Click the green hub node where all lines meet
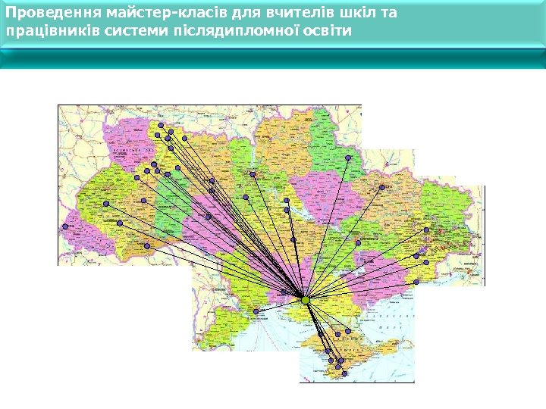[305, 300]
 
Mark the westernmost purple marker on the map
[65, 226]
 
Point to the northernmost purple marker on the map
[161, 125]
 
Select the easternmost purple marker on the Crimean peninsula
[348, 331]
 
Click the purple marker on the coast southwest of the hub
[256, 311]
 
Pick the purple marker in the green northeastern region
[348, 158]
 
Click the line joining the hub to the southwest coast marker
[281, 306]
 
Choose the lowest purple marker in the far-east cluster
[416, 282]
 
